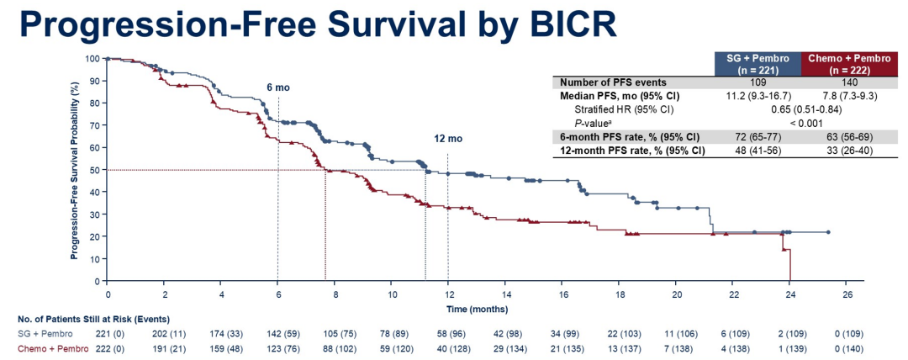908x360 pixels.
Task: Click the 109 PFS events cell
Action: coord(758,82)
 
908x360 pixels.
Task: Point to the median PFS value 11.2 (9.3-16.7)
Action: coord(758,96)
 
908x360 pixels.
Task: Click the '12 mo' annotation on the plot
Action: coord(448,139)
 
